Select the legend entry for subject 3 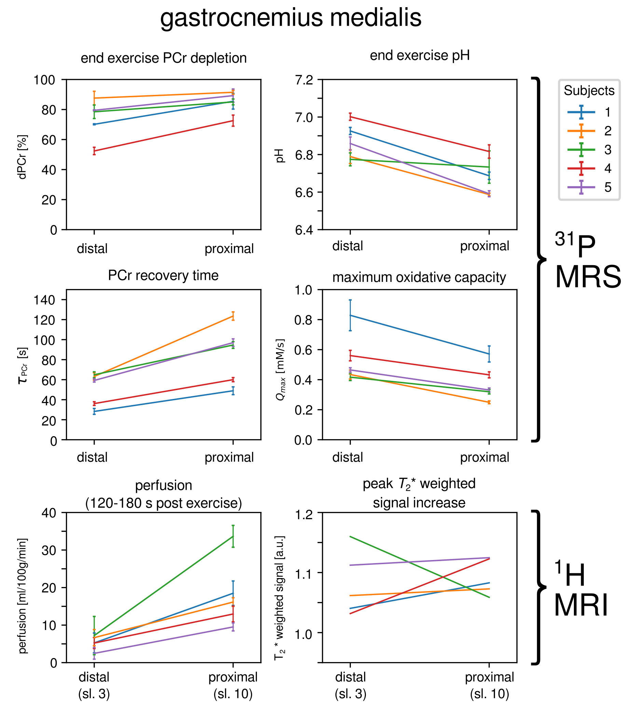(589, 149)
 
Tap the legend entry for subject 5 (589, 187)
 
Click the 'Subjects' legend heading (589, 91)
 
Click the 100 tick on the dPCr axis (44, 80)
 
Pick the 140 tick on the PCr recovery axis (44, 300)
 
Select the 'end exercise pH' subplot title (419, 56)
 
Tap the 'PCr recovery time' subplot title (163, 275)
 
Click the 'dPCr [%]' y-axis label (23, 157)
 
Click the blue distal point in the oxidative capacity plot (350, 315)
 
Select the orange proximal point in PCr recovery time (233, 316)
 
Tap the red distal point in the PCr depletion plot (94, 151)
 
